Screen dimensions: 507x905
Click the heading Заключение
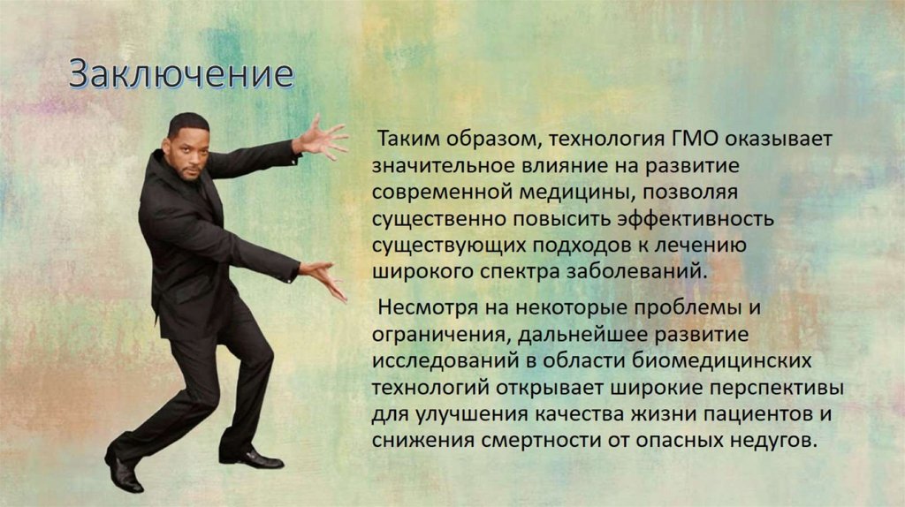tap(181, 74)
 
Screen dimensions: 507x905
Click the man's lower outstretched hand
tap(323, 277)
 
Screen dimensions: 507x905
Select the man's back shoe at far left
tap(123, 472)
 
